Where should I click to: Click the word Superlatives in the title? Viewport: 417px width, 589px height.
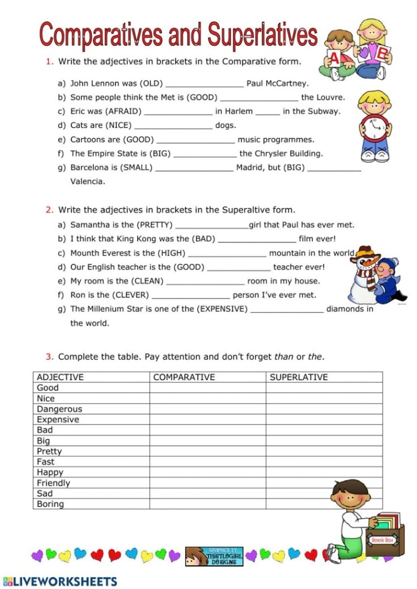tap(263, 35)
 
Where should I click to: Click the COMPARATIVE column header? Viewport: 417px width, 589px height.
tap(184, 377)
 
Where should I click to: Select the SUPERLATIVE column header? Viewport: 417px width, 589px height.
tap(298, 377)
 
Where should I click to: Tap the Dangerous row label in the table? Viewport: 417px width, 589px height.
tap(60, 409)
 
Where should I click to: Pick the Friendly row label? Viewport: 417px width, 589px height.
tap(54, 483)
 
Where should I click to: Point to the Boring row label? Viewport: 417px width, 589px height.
tap(51, 504)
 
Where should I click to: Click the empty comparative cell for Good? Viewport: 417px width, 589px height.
tap(207, 388)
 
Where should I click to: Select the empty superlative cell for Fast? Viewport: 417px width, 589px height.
tap(323, 462)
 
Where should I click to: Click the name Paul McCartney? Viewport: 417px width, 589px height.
tap(278, 83)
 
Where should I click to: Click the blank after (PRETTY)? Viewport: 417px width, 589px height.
tap(211, 225)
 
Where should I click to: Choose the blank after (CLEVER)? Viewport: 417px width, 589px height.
tap(191, 295)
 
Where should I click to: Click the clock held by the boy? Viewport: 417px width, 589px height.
tap(375, 126)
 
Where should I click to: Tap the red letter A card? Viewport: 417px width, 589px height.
tap(335, 58)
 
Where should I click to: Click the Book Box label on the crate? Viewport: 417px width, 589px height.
tap(382, 540)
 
